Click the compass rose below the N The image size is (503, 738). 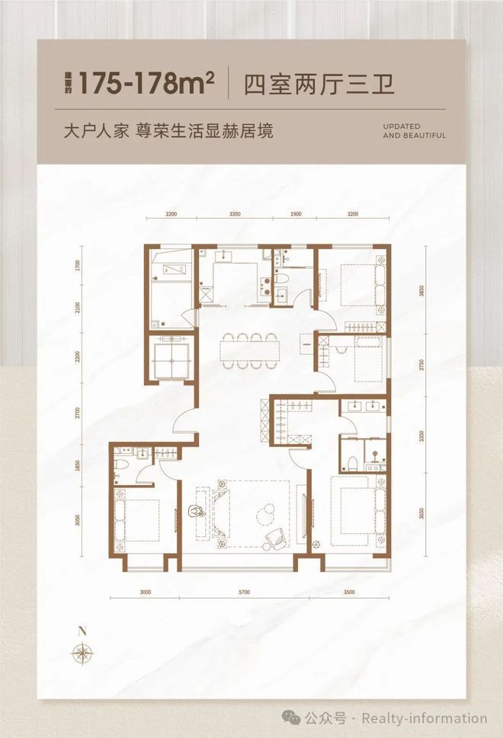click(81, 652)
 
